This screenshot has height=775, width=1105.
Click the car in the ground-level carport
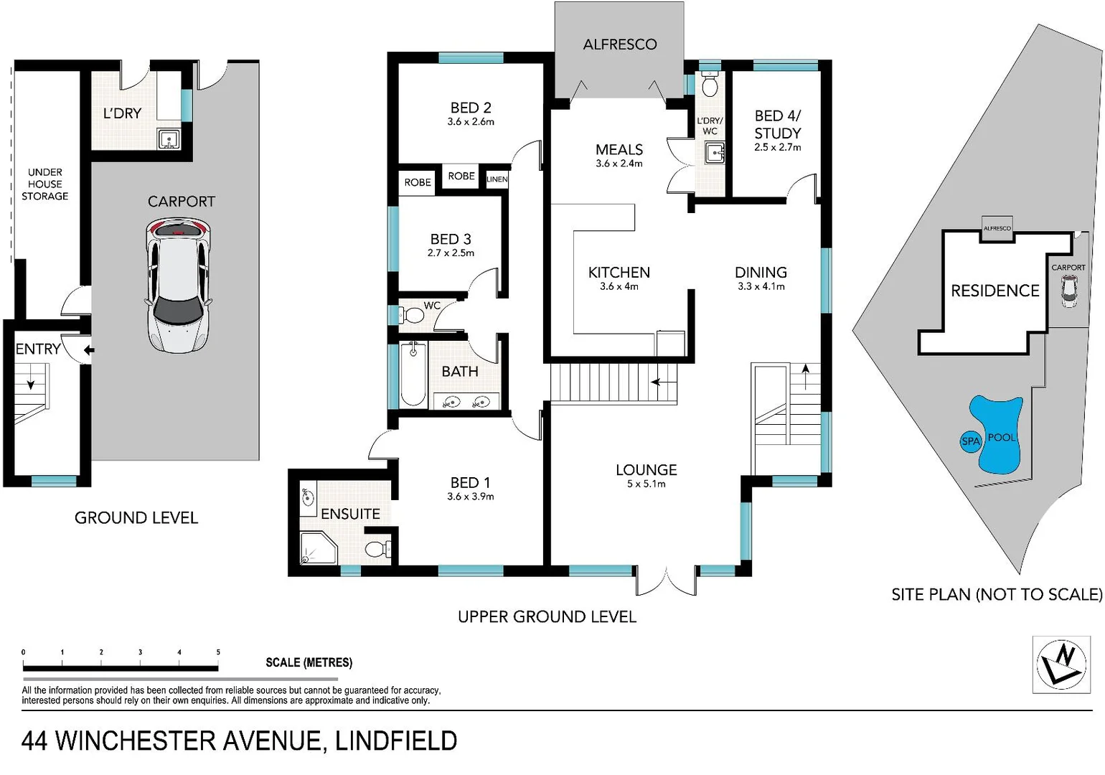coord(179,286)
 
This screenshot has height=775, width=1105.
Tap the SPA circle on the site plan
coord(970,441)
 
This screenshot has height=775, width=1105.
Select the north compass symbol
coord(1061,664)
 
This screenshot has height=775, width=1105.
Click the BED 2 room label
coord(471,108)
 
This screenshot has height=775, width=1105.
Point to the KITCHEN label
coord(619,273)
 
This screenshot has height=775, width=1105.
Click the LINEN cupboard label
coord(497,179)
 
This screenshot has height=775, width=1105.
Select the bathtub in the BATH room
coord(413,374)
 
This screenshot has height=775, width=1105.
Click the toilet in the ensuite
coord(376,550)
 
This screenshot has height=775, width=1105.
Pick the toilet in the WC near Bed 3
coord(413,315)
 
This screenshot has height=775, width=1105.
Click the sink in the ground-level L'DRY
coord(169,138)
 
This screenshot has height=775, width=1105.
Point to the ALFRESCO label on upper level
coord(619,44)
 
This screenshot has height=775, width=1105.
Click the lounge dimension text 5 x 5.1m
coord(646,484)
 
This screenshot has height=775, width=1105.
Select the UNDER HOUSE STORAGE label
coord(44,184)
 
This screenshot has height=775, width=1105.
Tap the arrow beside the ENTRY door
coord(89,350)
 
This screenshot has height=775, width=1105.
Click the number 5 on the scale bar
coord(218,652)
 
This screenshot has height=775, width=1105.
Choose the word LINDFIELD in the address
coord(396,741)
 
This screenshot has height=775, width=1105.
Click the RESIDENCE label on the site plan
coord(995,291)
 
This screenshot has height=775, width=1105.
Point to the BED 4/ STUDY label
coord(777,124)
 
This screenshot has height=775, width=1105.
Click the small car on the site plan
coord(1069,290)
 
